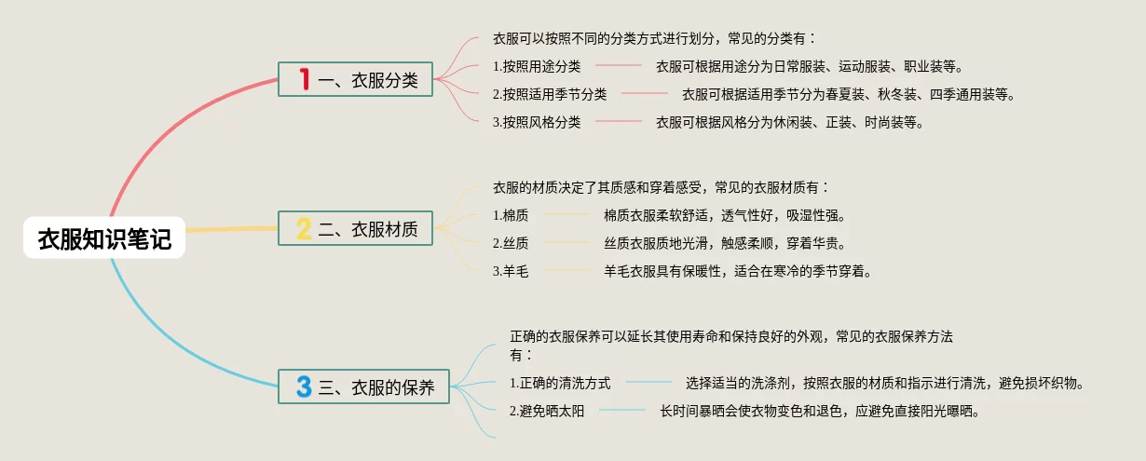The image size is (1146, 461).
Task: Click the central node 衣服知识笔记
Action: pyautogui.click(x=104, y=239)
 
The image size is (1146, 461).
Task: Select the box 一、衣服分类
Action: pyautogui.click(x=355, y=80)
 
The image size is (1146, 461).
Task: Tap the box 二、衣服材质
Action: pyautogui.click(x=355, y=228)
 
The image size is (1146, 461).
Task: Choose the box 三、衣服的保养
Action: pyautogui.click(x=363, y=386)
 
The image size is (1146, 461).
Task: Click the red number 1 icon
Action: pyautogui.click(x=304, y=80)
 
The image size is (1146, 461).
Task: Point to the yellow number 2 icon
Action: pyautogui.click(x=304, y=228)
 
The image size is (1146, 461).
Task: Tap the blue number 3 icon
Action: pyautogui.click(x=304, y=386)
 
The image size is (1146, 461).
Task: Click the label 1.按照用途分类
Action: pyautogui.click(x=537, y=66)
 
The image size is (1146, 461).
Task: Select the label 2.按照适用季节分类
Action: pyautogui.click(x=550, y=94)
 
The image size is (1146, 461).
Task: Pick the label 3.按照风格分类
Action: pyautogui.click(x=537, y=122)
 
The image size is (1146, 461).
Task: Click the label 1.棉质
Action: pyautogui.click(x=511, y=216)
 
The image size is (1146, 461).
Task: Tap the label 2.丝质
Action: pyautogui.click(x=511, y=244)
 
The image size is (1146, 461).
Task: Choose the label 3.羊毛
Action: pyautogui.click(x=511, y=272)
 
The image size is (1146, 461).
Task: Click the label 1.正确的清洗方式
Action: pyautogui.click(x=560, y=383)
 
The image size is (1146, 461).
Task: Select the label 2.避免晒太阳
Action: pyautogui.click(x=547, y=411)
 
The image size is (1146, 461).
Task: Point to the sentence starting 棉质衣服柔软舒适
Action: pyautogui.click(x=724, y=216)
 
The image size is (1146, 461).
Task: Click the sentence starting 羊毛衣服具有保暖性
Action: pyautogui.click(x=738, y=272)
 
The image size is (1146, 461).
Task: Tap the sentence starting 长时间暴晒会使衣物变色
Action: pyautogui.click(x=820, y=411)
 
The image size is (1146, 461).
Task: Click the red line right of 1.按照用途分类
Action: pyautogui.click(x=618, y=66)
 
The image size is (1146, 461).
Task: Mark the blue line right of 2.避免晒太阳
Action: pyautogui.click(x=622, y=411)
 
